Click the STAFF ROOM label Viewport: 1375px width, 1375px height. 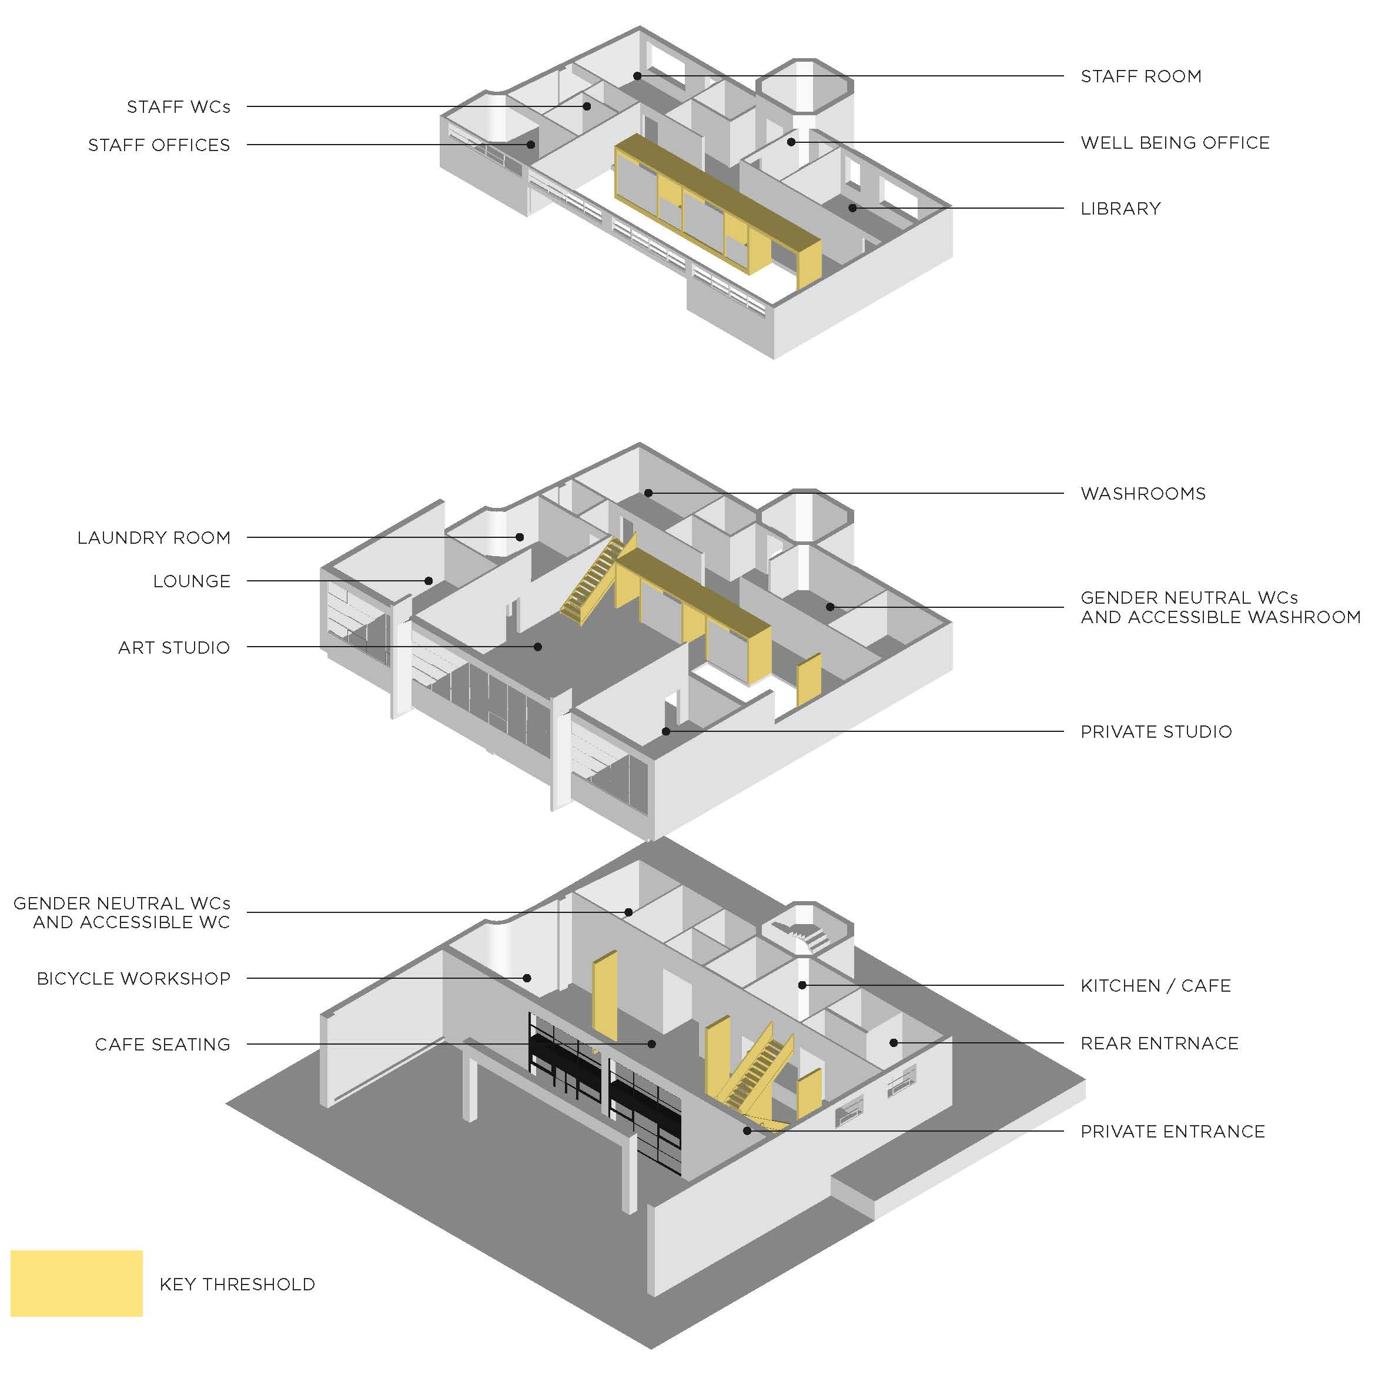[1141, 76]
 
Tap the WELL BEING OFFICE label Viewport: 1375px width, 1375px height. [1175, 143]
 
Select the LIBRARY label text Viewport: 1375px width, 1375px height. [1120, 209]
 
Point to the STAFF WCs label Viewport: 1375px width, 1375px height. [178, 107]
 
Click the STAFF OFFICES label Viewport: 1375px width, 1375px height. [159, 145]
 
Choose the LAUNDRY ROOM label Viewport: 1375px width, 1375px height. [154, 537]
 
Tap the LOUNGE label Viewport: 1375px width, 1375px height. [192, 581]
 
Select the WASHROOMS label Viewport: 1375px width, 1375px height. [1143, 494]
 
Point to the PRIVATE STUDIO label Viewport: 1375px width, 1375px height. [1156, 732]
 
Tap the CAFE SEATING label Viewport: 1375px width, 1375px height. [162, 1044]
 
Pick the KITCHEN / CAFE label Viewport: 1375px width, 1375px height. [1155, 986]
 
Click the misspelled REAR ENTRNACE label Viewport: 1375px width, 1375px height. [1159, 1043]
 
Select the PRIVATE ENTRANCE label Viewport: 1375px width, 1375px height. [1172, 1132]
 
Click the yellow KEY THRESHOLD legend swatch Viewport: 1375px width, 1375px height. [76, 1283]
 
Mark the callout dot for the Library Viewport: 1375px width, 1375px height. [852, 208]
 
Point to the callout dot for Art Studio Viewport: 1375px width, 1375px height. [538, 647]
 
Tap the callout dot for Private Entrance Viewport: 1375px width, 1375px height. [747, 1130]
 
